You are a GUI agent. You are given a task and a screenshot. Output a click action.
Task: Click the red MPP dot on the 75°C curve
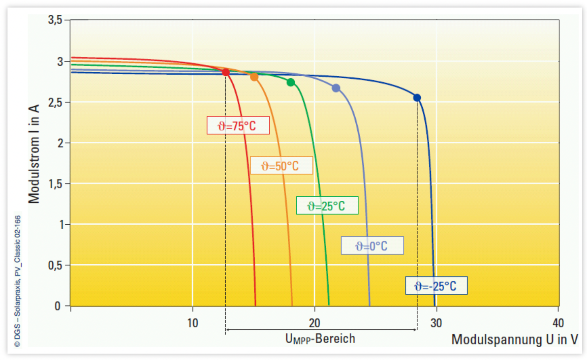click(226, 72)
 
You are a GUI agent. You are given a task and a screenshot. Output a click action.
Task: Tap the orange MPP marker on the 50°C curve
click(254, 77)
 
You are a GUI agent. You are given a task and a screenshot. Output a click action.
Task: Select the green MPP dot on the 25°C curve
click(291, 82)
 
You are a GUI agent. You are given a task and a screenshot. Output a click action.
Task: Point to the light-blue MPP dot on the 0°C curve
click(336, 88)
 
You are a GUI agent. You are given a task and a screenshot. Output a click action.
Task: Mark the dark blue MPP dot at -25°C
click(417, 98)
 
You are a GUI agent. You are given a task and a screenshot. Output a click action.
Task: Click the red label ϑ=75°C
click(238, 126)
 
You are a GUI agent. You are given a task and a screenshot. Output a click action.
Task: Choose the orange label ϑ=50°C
click(281, 166)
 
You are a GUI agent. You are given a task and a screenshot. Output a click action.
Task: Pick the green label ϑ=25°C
click(327, 206)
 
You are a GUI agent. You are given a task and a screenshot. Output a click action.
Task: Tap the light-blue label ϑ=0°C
click(372, 246)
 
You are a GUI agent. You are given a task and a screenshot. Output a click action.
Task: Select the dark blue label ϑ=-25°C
click(436, 286)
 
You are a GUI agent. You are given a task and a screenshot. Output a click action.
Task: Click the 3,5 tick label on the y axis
click(55, 20)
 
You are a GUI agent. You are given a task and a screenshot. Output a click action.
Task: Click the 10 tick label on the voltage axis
click(193, 323)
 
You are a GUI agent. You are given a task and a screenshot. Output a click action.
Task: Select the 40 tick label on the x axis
click(558, 323)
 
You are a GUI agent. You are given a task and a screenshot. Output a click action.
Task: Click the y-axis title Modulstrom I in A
click(34, 154)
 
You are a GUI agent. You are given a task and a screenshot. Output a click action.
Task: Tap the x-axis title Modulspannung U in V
click(514, 340)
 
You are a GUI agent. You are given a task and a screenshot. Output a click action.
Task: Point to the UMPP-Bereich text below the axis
click(320, 339)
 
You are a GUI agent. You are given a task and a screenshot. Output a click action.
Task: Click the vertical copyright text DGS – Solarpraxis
click(18, 281)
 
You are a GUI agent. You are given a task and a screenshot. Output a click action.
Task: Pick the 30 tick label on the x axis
click(436, 323)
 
